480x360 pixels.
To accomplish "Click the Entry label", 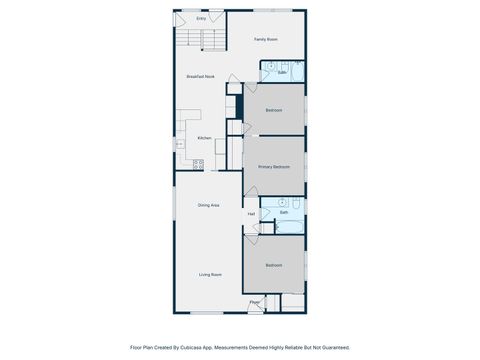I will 201,18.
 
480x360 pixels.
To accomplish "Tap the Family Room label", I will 265,39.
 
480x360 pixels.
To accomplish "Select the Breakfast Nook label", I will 201,77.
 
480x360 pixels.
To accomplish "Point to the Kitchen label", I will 204,138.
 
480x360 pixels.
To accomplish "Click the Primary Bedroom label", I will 274,167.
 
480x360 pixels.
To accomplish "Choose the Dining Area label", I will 208,205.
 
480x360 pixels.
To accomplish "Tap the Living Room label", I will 209,274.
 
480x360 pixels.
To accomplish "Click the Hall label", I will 251,213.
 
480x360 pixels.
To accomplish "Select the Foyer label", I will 255,302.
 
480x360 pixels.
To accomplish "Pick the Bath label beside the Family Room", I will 283,73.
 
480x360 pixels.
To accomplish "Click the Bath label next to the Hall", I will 284,213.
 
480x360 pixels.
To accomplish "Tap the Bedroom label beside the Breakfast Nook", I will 274,110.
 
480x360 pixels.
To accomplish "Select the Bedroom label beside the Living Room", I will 274,265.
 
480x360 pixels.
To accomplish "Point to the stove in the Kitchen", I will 198,161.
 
